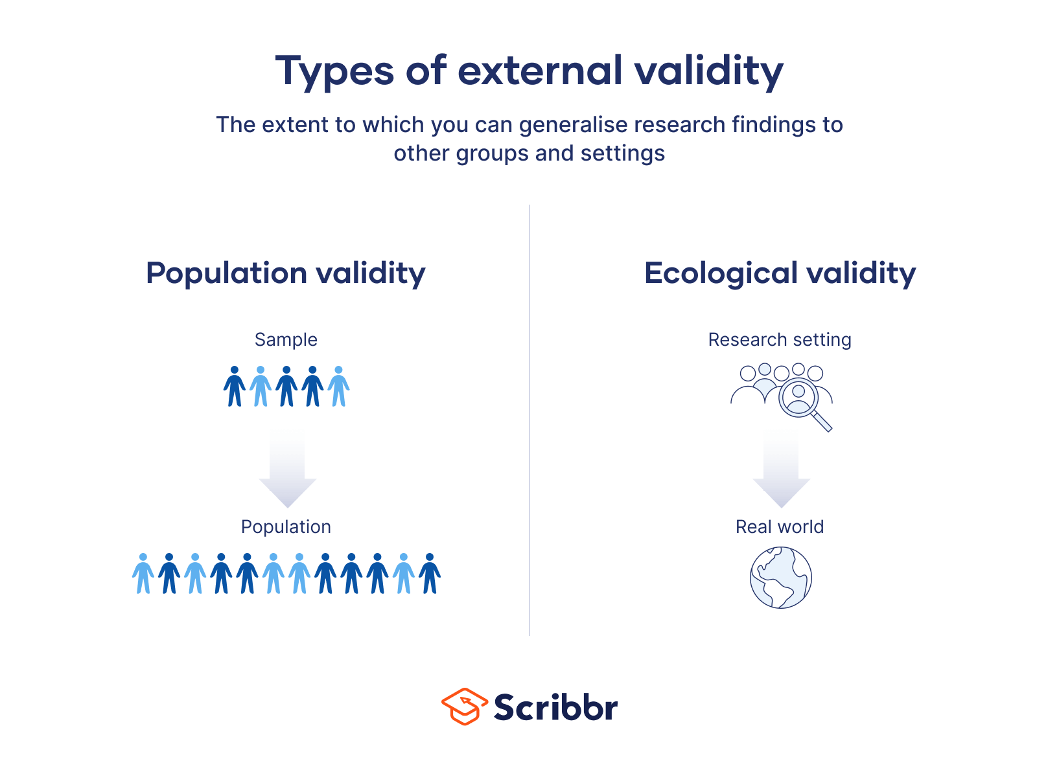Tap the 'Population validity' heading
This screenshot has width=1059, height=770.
286,274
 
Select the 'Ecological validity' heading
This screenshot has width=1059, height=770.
780,274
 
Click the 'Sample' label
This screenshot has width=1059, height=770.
286,339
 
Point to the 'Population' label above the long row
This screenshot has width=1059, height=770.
286,527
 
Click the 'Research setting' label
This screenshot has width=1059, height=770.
780,339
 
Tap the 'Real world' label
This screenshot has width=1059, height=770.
780,527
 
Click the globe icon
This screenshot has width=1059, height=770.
781,577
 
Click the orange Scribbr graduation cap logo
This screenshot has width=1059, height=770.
465,707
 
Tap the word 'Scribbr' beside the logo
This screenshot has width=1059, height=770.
556,707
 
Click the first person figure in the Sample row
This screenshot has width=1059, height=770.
235,387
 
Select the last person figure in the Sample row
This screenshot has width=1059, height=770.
338,387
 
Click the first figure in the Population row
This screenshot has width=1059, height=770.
143,574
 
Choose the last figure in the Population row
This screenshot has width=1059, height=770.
430,574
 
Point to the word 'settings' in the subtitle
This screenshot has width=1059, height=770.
623,154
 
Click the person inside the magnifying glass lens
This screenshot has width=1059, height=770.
798,398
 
